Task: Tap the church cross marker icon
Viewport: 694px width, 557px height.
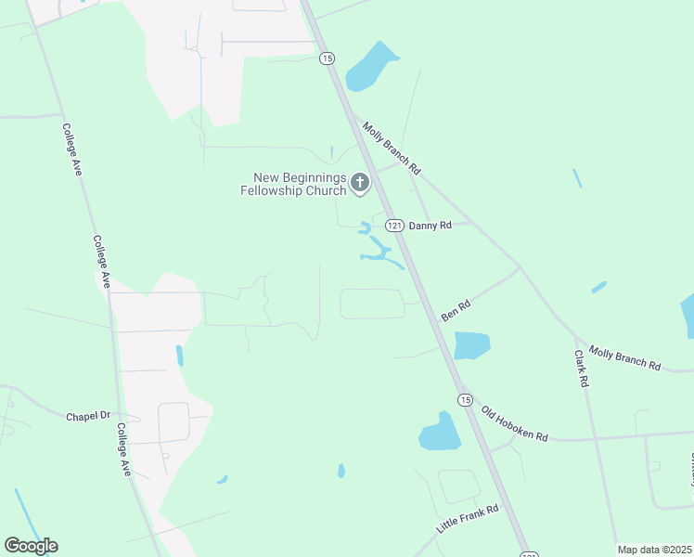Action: coord(360,183)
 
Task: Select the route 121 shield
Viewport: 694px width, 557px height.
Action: coord(394,226)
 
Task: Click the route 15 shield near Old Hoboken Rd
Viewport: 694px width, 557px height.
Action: coord(465,399)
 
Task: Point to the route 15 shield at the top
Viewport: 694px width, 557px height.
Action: coord(327,58)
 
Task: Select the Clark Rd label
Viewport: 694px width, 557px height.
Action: coord(582,368)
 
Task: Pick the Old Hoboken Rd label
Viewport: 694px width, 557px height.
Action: coord(514,423)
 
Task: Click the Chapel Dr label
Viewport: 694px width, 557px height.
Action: coord(88,416)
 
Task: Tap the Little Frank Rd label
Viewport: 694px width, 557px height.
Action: coord(468,519)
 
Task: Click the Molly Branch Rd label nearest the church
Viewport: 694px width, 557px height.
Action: coord(392,149)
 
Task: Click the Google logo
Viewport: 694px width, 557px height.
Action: coord(31,546)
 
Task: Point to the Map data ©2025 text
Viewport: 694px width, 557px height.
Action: coord(653,550)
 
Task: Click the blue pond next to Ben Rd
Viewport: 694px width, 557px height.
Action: coord(471,345)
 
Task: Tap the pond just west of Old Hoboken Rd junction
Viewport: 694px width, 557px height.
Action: coord(440,432)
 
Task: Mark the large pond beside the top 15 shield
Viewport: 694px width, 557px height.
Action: coord(370,67)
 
